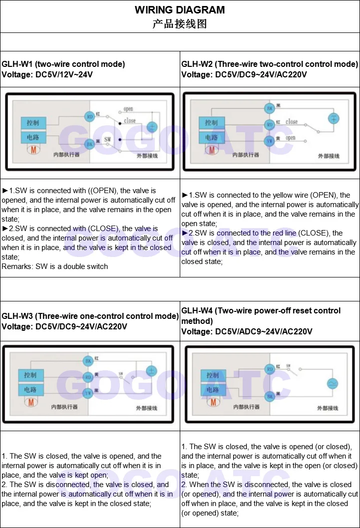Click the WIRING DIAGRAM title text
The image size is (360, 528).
click(180, 10)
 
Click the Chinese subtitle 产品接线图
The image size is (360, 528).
click(180, 23)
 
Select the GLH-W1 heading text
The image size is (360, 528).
click(63, 64)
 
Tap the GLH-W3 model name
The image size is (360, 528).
click(18, 316)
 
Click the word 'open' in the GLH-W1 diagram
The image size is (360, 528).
click(128, 109)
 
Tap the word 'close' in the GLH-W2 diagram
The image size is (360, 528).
click(292, 121)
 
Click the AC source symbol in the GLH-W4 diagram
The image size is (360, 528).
click(332, 383)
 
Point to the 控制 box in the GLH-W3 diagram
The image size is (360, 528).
click(30, 375)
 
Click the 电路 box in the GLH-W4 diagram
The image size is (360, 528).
click(213, 389)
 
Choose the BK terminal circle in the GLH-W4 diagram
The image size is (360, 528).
click(270, 396)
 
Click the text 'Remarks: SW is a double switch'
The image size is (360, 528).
click(55, 266)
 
